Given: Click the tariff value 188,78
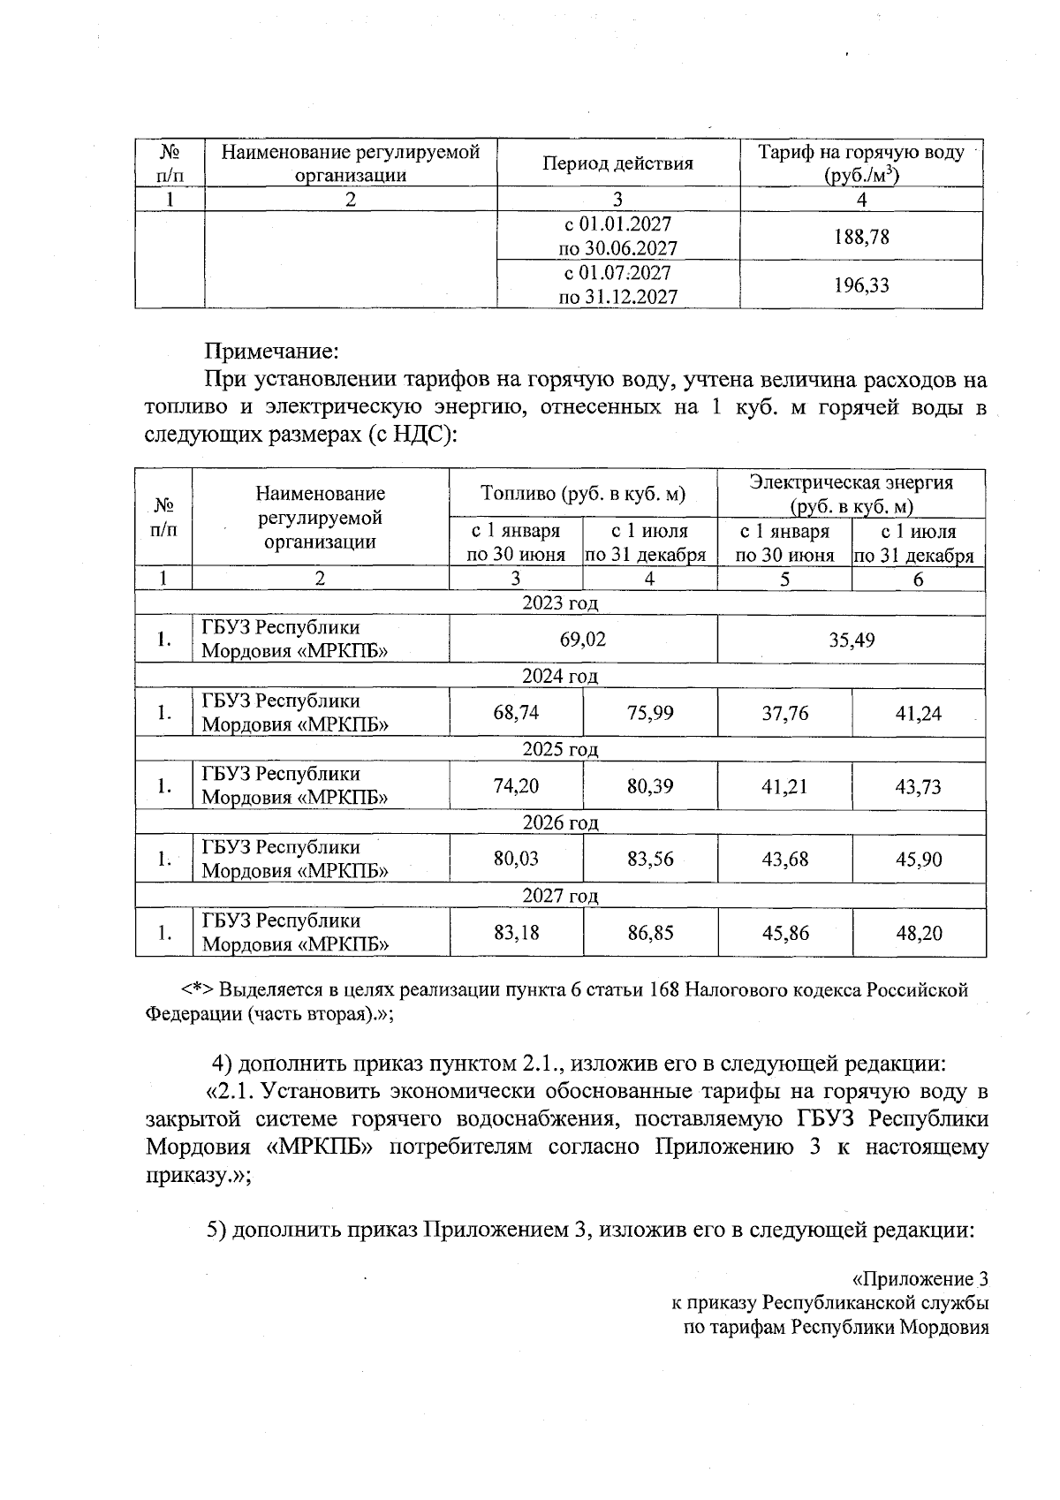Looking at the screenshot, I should click(x=861, y=237).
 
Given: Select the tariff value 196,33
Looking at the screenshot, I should click(x=861, y=285).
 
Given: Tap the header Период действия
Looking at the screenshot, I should click(x=617, y=163).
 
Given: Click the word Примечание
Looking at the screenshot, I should click(x=271, y=352).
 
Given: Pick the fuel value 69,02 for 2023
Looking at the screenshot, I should click(x=583, y=640).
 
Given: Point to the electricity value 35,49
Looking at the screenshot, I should click(x=852, y=640).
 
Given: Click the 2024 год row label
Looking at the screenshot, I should click(x=560, y=677).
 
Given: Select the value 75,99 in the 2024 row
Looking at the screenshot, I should click(x=650, y=713).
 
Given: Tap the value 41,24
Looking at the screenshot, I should click(x=919, y=713).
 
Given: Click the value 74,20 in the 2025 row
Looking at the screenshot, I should click(x=516, y=786).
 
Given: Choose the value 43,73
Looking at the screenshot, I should click(x=919, y=786).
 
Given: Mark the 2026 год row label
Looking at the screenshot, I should click(x=560, y=823).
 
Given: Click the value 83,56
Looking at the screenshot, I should click(x=650, y=859).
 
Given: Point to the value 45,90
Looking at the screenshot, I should click(x=919, y=859).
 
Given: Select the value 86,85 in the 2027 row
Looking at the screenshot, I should click(x=650, y=932).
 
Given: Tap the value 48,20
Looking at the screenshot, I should click(x=919, y=932).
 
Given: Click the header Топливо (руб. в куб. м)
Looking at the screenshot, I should click(x=583, y=494).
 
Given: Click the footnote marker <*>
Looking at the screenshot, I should click(x=198, y=989).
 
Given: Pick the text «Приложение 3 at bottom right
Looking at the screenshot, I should click(x=919, y=1279).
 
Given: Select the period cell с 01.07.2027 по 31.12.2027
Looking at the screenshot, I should click(x=617, y=285).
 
